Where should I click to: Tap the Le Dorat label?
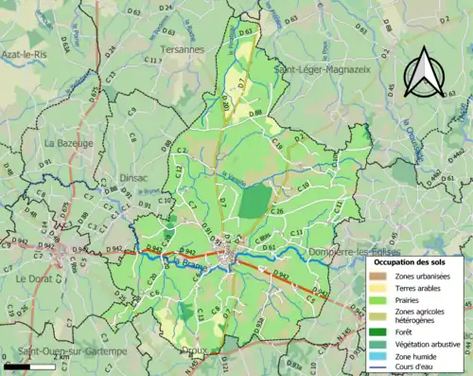(35, 279)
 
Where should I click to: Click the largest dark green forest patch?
(254, 201)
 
